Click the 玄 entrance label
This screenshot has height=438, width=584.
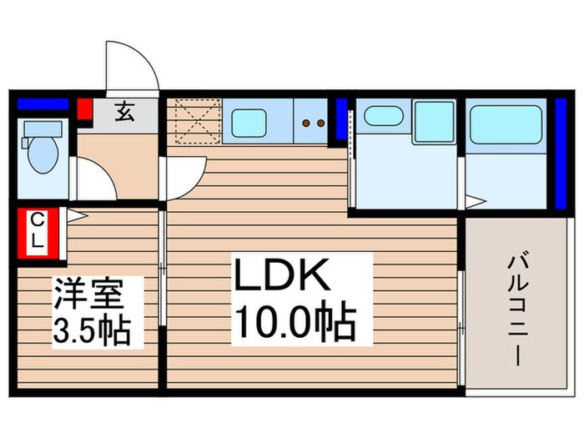124,111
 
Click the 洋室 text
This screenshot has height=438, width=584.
89,296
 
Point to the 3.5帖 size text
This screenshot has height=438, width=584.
92,331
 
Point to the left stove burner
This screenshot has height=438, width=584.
306,123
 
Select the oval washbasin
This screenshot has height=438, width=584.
383,116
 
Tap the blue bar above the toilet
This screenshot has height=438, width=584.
43,105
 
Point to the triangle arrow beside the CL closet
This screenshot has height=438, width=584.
74,215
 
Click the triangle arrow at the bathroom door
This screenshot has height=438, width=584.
474,201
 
